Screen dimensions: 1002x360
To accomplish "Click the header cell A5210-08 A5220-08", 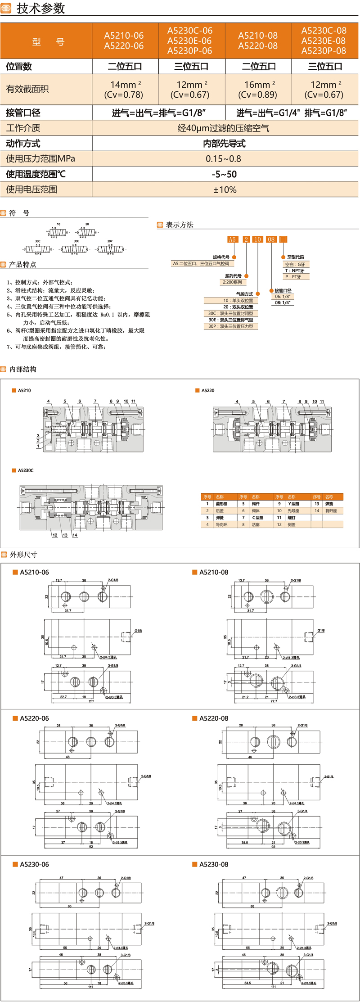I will pos(258,41).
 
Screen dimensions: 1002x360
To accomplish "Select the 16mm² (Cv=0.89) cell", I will pos(258,89).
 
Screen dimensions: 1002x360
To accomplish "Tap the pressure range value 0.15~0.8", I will pos(224,158).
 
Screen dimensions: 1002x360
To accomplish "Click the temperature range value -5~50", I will pos(224,174).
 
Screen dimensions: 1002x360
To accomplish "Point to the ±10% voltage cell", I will pos(224,190).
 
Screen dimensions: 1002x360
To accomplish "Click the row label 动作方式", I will pos(23,144).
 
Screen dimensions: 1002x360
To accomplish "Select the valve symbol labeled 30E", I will pos(75,248).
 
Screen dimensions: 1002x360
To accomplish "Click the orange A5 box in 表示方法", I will pos(232,239).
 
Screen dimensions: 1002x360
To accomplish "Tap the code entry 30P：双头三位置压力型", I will pos(231,326).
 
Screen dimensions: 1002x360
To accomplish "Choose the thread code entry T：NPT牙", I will pos(295,271).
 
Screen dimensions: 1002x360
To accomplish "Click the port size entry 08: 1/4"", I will pos(282,302).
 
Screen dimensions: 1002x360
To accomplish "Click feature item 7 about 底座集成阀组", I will pos(56,347).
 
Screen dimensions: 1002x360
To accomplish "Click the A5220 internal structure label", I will pos(207,390).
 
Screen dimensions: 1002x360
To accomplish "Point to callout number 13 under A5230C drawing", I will pos(65,535).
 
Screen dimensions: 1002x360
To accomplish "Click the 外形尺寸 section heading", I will pos(23,555).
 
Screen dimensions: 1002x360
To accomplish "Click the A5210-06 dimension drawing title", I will pos(34,572).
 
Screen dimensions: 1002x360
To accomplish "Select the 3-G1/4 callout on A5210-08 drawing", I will pos(296,665).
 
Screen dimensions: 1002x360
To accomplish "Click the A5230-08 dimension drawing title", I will pos(213,864).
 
